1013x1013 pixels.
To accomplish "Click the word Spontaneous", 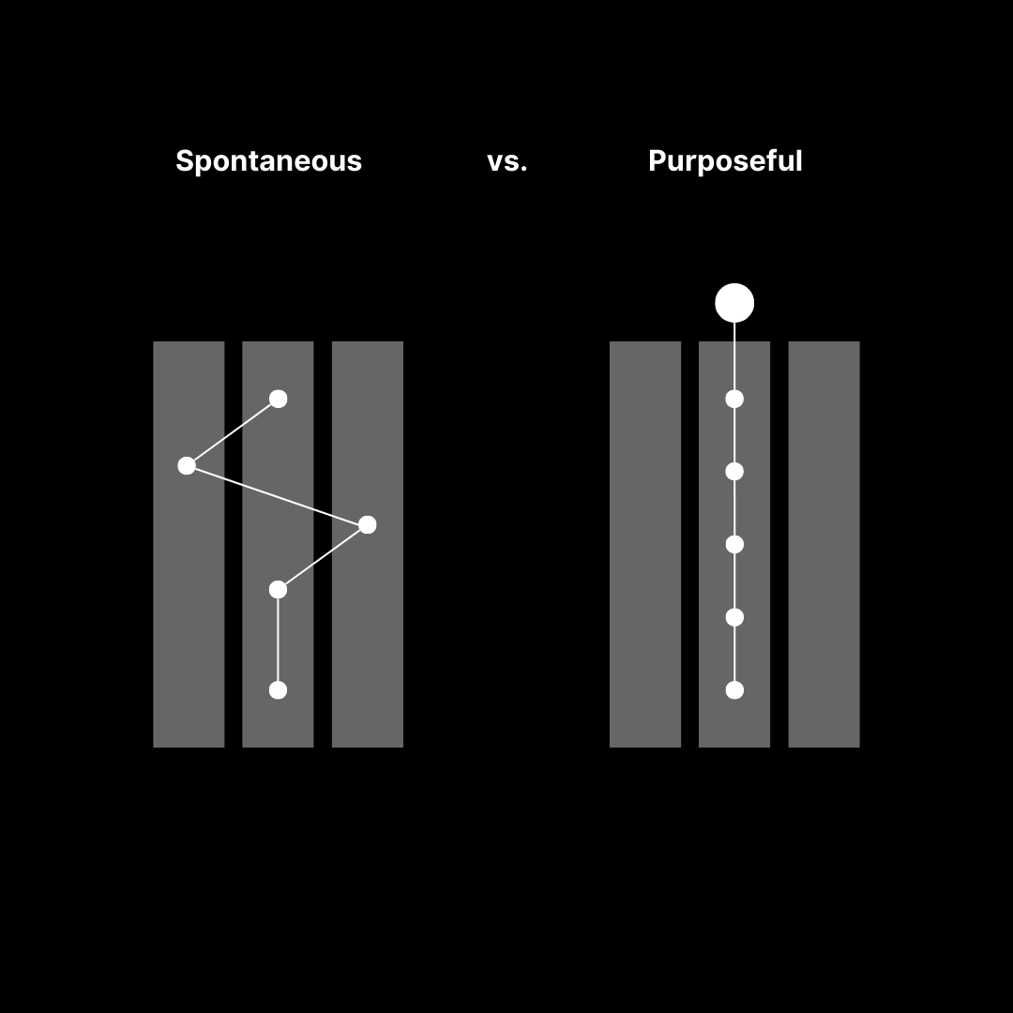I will (x=268, y=161).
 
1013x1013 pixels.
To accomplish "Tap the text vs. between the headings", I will (x=507, y=161).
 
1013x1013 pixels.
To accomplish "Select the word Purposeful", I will (x=725, y=161).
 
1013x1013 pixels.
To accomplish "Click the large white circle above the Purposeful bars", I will (x=734, y=303).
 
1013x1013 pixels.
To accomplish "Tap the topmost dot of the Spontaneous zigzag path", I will (x=278, y=399).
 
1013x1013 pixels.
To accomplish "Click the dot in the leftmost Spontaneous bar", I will (x=187, y=465).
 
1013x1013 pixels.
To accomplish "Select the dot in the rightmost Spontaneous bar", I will (x=368, y=524).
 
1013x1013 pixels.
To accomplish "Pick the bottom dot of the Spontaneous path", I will (x=278, y=690).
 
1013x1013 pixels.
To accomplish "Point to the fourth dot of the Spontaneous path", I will (x=278, y=589).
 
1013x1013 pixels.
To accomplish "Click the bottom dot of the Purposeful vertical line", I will (x=734, y=690).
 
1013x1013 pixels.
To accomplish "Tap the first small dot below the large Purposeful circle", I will (x=734, y=399).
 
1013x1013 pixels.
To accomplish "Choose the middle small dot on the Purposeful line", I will (x=734, y=544).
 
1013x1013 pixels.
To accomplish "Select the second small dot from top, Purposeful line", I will (x=734, y=471).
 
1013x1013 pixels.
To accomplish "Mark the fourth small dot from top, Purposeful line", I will (x=734, y=617).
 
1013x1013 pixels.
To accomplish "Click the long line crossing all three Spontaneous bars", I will (x=277, y=494).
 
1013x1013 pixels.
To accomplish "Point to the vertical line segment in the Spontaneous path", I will (x=278, y=640).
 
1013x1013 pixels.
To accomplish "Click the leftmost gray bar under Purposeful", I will (x=645, y=544).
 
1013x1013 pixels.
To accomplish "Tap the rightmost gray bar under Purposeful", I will (x=824, y=544).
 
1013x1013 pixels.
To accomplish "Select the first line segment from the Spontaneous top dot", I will (x=233, y=431).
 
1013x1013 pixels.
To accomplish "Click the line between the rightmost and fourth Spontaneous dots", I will (x=323, y=557).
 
